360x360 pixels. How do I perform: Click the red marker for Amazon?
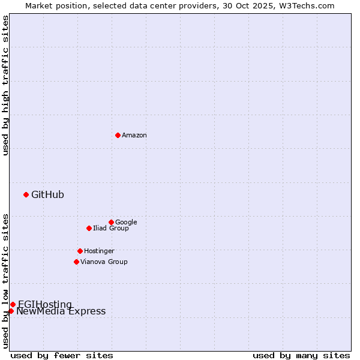pos(118,135)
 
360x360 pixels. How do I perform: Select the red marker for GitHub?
pos(26,194)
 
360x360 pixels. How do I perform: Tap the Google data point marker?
pos(111,222)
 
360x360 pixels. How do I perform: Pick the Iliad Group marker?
pos(89,228)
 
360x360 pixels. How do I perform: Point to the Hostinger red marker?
pos(80,251)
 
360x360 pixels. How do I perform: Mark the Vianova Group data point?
pos(76,262)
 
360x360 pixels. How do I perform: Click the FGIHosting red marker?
pos(13,304)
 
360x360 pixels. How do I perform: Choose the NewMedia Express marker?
pos(11,311)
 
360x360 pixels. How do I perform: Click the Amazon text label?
pos(134,136)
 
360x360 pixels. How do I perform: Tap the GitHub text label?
pos(47,194)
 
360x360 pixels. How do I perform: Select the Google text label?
pos(126,223)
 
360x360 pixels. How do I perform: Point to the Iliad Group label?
pos(111,229)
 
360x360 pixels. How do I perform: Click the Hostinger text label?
pos(99,251)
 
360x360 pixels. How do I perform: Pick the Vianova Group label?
pos(104,262)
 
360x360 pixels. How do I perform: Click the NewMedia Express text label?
pos(61,311)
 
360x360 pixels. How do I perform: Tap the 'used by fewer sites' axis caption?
pos(62,355)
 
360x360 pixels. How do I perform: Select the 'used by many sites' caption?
pos(301,355)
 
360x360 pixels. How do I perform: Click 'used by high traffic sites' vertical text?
pos(5,85)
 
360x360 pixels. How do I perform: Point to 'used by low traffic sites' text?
pos(5,280)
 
